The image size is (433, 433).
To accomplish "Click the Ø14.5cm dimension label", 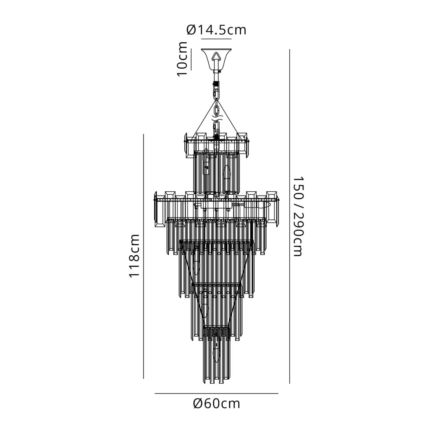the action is [216, 30].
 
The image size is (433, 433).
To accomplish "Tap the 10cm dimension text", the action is [182, 59].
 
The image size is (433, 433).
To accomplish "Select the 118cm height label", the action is [134, 256].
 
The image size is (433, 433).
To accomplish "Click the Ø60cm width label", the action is [216, 403].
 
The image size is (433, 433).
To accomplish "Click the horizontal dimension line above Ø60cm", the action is [216, 393].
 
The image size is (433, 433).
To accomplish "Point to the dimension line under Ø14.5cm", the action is [216, 39].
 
